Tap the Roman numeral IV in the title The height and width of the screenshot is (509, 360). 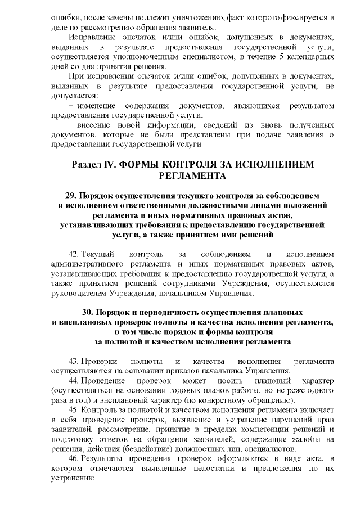[111, 164]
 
